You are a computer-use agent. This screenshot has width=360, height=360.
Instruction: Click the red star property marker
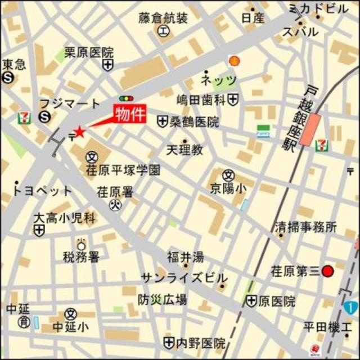pyautogui.click(x=79, y=133)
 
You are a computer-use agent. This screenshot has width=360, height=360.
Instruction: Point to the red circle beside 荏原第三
pyautogui.click(x=328, y=272)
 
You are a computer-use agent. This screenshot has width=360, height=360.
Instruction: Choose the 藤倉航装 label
pyautogui.click(x=163, y=19)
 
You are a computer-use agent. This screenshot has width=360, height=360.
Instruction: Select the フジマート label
pyautogui.click(x=69, y=103)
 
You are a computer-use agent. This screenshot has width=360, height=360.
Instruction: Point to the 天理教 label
pyautogui.click(x=184, y=150)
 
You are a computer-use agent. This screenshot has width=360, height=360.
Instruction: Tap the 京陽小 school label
pyautogui.click(x=228, y=188)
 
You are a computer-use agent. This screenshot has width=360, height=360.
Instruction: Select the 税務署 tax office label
pyautogui.click(x=81, y=258)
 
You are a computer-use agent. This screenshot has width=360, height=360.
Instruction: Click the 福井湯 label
pyautogui.click(x=185, y=258)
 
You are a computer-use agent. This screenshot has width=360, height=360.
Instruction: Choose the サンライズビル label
pyautogui.click(x=184, y=278)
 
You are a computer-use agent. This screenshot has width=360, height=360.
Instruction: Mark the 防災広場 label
pyautogui.click(x=163, y=300)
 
